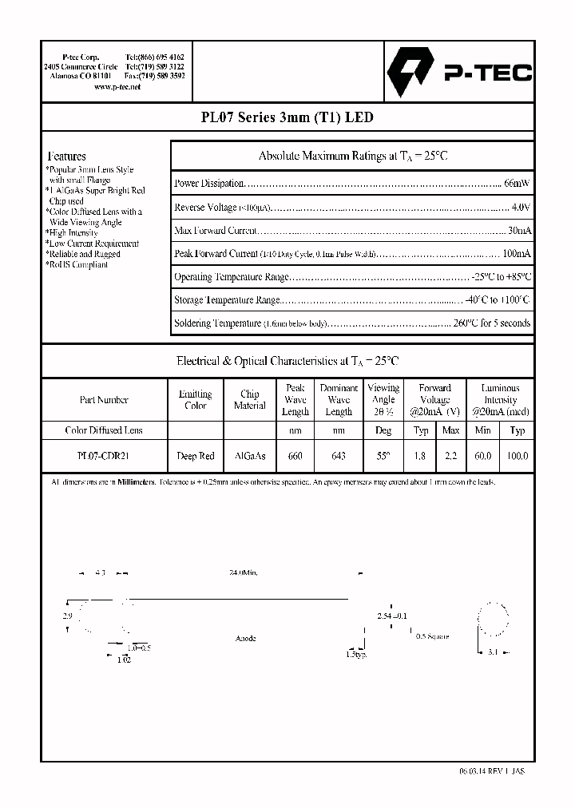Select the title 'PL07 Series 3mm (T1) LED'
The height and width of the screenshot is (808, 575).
click(287, 117)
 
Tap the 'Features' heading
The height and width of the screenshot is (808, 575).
click(67, 156)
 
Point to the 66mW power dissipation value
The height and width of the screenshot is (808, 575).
click(516, 184)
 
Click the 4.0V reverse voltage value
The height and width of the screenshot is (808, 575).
click(520, 208)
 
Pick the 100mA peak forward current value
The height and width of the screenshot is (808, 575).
click(515, 254)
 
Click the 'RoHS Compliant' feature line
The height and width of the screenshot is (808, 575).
click(77, 264)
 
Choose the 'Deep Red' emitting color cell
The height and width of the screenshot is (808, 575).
click(196, 456)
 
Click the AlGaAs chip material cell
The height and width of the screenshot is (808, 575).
click(250, 456)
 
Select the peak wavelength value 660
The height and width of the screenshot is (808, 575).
click(295, 456)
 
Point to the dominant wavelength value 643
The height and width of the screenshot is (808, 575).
click(339, 456)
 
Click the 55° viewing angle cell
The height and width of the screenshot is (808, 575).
click(383, 456)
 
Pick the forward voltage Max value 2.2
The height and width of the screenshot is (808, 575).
click(450, 456)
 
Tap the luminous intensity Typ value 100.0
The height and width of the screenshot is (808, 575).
click(517, 456)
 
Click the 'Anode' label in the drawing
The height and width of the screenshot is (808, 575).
click(246, 639)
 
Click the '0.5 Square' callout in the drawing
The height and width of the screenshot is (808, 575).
click(433, 636)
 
